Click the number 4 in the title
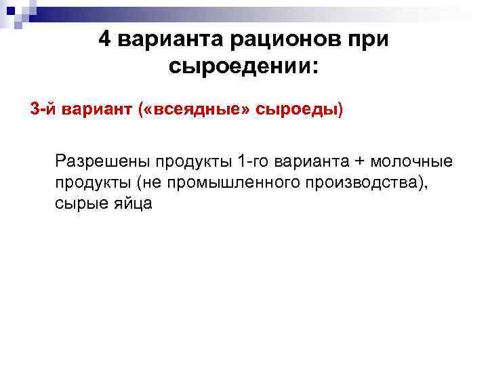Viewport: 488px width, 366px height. pos(106,38)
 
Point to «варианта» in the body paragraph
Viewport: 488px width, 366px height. pos(314,163)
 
